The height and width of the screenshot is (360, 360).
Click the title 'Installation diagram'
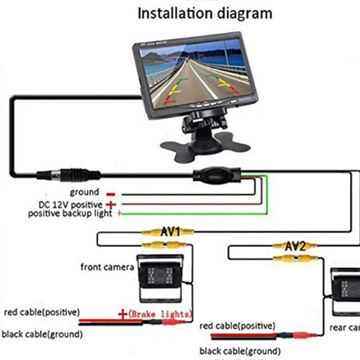tap(205, 13)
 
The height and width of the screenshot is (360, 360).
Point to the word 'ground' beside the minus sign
tap(85, 192)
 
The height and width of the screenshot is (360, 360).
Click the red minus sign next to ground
tap(111, 193)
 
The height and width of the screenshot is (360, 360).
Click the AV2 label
tap(295, 246)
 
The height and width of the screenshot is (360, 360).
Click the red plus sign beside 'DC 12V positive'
tap(111, 204)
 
